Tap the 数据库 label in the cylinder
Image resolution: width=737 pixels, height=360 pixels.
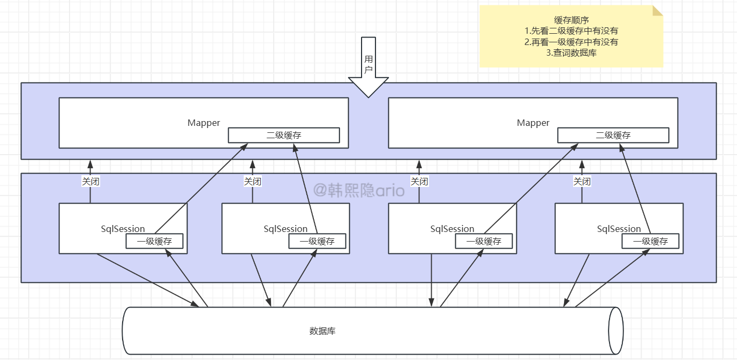tap(322, 331)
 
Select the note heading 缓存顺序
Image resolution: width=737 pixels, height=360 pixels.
tap(571, 20)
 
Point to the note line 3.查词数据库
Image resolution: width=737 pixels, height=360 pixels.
tap(571, 53)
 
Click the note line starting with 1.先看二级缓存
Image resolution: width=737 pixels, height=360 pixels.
tap(571, 31)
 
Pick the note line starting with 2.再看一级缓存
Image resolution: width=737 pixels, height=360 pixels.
tap(571, 42)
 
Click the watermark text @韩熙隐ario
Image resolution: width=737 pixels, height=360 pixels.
tap(358, 190)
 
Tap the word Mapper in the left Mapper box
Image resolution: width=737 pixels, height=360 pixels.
tap(204, 123)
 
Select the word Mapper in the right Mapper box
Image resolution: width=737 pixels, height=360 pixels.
tap(533, 123)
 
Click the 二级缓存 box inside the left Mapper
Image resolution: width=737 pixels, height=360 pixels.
tap(284, 135)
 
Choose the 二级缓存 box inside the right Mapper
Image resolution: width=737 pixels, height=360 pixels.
tap(613, 135)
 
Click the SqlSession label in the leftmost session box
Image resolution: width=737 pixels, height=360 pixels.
tap(123, 229)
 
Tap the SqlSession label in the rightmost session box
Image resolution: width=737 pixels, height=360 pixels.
tap(619, 229)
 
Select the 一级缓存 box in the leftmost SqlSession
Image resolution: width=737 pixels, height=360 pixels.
tap(154, 241)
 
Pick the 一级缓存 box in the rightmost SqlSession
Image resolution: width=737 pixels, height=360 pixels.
tap(650, 241)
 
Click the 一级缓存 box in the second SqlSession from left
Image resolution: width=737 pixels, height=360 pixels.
tap(317, 241)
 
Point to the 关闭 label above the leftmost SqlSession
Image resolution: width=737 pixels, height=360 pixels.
tap(90, 182)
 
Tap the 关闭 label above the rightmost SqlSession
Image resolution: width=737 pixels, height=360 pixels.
tap(582, 182)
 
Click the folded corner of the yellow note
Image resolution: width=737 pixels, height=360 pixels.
tap(658, 11)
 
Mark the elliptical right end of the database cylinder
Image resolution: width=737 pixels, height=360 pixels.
tap(616, 331)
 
